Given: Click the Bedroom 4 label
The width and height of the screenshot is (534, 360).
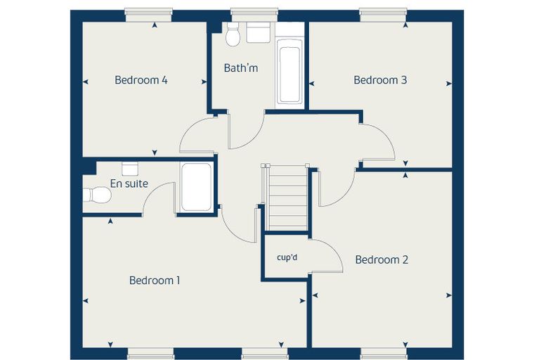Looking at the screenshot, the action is pyautogui.click(x=141, y=80).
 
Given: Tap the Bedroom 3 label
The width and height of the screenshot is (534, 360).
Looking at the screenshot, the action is pyautogui.click(x=380, y=80).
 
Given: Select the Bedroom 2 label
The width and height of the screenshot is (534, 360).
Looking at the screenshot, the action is pyautogui.click(x=382, y=259).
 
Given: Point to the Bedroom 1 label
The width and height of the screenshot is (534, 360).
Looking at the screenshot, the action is pyautogui.click(x=155, y=281).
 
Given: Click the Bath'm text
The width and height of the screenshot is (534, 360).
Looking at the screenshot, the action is pyautogui.click(x=241, y=68).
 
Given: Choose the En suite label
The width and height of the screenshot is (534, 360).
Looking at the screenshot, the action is pyautogui.click(x=129, y=184).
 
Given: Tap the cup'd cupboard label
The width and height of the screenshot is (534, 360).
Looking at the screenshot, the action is pyautogui.click(x=287, y=257).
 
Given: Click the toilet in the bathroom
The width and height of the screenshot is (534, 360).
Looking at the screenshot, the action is pyautogui.click(x=233, y=34).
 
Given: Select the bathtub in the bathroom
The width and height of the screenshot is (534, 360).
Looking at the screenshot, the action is pyautogui.click(x=289, y=72).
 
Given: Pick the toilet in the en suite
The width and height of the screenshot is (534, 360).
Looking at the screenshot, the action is pyautogui.click(x=98, y=195).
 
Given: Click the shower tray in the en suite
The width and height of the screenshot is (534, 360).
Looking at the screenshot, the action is pyautogui.click(x=196, y=187).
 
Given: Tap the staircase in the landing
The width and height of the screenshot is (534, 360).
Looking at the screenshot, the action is pyautogui.click(x=286, y=198).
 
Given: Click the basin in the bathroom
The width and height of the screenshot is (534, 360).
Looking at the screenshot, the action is pyautogui.click(x=259, y=33).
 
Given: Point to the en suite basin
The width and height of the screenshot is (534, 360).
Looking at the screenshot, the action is pyautogui.click(x=130, y=169).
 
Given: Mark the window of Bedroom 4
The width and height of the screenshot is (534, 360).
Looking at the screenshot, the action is pyautogui.click(x=148, y=15).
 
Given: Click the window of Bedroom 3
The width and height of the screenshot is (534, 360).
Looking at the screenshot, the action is pyautogui.click(x=383, y=15).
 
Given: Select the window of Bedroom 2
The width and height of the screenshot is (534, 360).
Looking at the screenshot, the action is pyautogui.click(x=384, y=353).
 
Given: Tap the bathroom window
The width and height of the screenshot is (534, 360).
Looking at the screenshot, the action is pyautogui.click(x=255, y=15).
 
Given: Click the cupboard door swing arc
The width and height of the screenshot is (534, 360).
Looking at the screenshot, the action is pyautogui.click(x=335, y=249).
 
